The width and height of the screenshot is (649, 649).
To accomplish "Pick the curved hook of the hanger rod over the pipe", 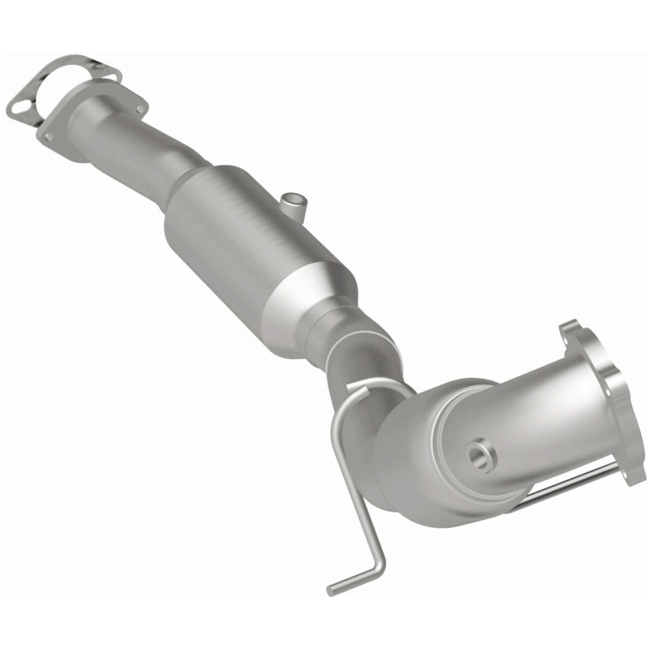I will [357, 389].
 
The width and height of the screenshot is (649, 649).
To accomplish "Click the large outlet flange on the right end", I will [604, 398].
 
